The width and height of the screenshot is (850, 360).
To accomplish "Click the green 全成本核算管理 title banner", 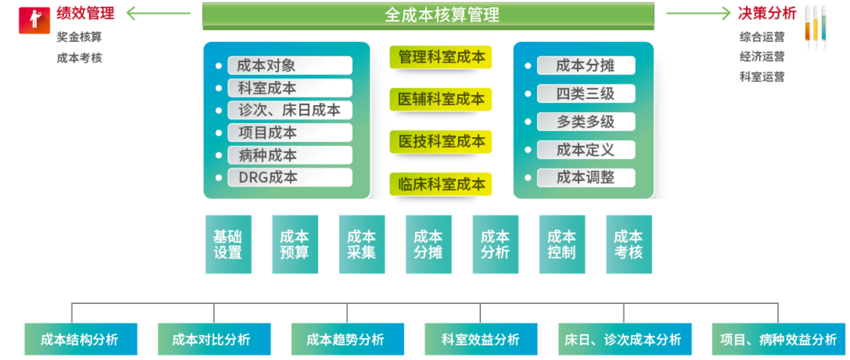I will [x=428, y=15].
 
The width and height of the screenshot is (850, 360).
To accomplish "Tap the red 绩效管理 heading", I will [x=86, y=13].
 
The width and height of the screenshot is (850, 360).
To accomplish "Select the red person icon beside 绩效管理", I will [x=34, y=20].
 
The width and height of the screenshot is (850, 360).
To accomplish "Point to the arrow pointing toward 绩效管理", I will [x=158, y=13].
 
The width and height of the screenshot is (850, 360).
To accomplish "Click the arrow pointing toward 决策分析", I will [x=698, y=13].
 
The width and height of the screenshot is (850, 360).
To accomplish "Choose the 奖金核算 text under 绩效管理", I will [x=79, y=37].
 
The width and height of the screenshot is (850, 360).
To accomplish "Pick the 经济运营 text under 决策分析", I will [x=762, y=56].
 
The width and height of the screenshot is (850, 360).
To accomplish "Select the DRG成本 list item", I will [x=289, y=177].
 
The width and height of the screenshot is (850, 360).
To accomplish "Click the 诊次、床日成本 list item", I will [x=289, y=110].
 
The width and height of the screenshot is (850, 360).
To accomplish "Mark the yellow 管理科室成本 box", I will [x=441, y=57].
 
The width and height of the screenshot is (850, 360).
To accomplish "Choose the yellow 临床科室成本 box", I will [x=441, y=184].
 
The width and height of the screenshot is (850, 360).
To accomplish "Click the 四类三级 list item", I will [x=585, y=94].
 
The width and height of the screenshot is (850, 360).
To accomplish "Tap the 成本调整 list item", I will [x=585, y=177].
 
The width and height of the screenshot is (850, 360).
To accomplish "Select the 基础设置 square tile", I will [x=228, y=244].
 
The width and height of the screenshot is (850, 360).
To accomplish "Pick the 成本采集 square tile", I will [x=362, y=244].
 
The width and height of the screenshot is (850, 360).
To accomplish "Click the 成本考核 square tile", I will [x=628, y=244].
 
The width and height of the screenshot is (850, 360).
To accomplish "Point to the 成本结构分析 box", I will [x=80, y=339].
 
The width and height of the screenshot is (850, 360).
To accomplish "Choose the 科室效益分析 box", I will [x=481, y=339].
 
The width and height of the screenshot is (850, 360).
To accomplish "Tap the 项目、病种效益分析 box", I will [x=778, y=339].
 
